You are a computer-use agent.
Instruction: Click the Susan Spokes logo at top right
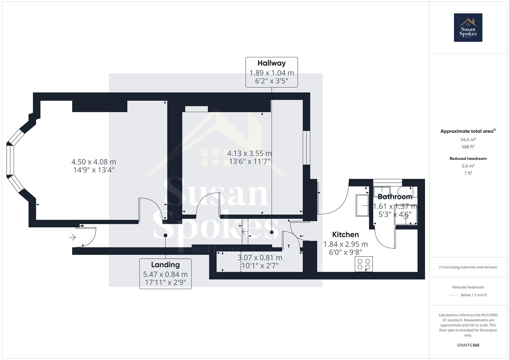click(x=468, y=28)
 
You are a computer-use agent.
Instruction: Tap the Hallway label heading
click(x=271, y=63)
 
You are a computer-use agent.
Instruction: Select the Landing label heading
click(x=165, y=265)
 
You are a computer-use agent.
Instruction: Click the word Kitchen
click(x=345, y=234)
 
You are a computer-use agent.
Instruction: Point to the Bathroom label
click(x=395, y=197)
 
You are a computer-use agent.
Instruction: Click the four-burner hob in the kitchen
click(x=364, y=264)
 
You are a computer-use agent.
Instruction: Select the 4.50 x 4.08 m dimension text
click(x=94, y=162)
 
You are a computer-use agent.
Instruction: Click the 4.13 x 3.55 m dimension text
click(x=249, y=153)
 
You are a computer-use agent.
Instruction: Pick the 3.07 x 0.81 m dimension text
click(x=260, y=258)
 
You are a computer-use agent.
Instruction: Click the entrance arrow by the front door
click(x=72, y=237)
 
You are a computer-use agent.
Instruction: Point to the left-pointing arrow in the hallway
click(x=245, y=232)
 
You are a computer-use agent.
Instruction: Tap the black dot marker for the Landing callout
click(x=165, y=235)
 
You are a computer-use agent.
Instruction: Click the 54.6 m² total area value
click(x=468, y=140)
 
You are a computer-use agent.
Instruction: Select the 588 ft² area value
click(x=468, y=147)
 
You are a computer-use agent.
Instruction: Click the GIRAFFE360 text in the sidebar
click(x=468, y=345)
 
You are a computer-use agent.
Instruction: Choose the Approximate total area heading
click(x=468, y=131)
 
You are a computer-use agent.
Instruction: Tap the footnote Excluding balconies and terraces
click(x=468, y=267)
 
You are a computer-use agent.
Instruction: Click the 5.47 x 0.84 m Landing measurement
click(x=165, y=274)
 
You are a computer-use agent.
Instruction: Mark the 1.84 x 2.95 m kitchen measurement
click(x=345, y=244)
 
